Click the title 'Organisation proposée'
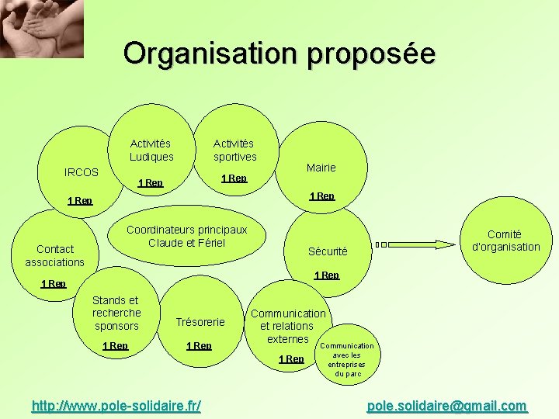click(x=279, y=54)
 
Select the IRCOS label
click(x=82, y=171)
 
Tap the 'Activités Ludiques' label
click(x=151, y=150)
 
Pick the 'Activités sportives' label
click(x=234, y=150)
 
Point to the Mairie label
click(x=321, y=168)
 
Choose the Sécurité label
click(x=328, y=251)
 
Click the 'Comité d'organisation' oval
click(x=504, y=241)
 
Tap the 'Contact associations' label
click(x=54, y=255)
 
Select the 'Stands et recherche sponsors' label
click(x=116, y=313)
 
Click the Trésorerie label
click(x=200, y=322)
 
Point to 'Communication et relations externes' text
click(x=287, y=326)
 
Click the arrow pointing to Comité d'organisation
click(x=415, y=244)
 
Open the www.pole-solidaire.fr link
click(x=116, y=405)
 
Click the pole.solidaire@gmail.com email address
click(x=446, y=406)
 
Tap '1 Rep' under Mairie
click(x=322, y=196)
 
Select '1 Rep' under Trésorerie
click(x=199, y=345)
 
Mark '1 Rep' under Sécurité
click(x=326, y=275)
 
